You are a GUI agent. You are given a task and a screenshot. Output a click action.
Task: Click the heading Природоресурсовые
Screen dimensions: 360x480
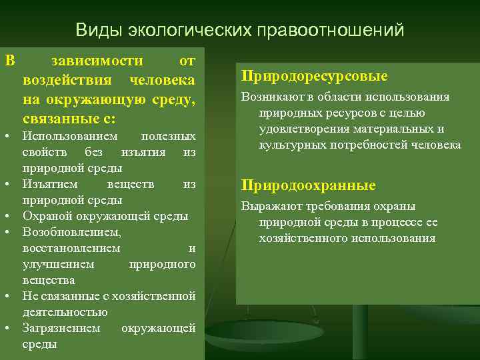pos(315,77)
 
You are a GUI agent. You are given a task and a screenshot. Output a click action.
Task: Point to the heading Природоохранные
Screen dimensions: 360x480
pos(308,185)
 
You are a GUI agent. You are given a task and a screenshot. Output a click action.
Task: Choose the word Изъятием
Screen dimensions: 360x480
pos(50,184)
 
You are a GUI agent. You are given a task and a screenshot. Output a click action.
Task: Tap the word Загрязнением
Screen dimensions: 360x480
pos(61,328)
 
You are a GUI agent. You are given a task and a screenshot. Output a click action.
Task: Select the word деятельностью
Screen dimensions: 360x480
pos(65,312)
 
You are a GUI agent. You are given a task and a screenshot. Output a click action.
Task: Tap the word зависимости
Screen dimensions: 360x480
pos(96,61)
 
